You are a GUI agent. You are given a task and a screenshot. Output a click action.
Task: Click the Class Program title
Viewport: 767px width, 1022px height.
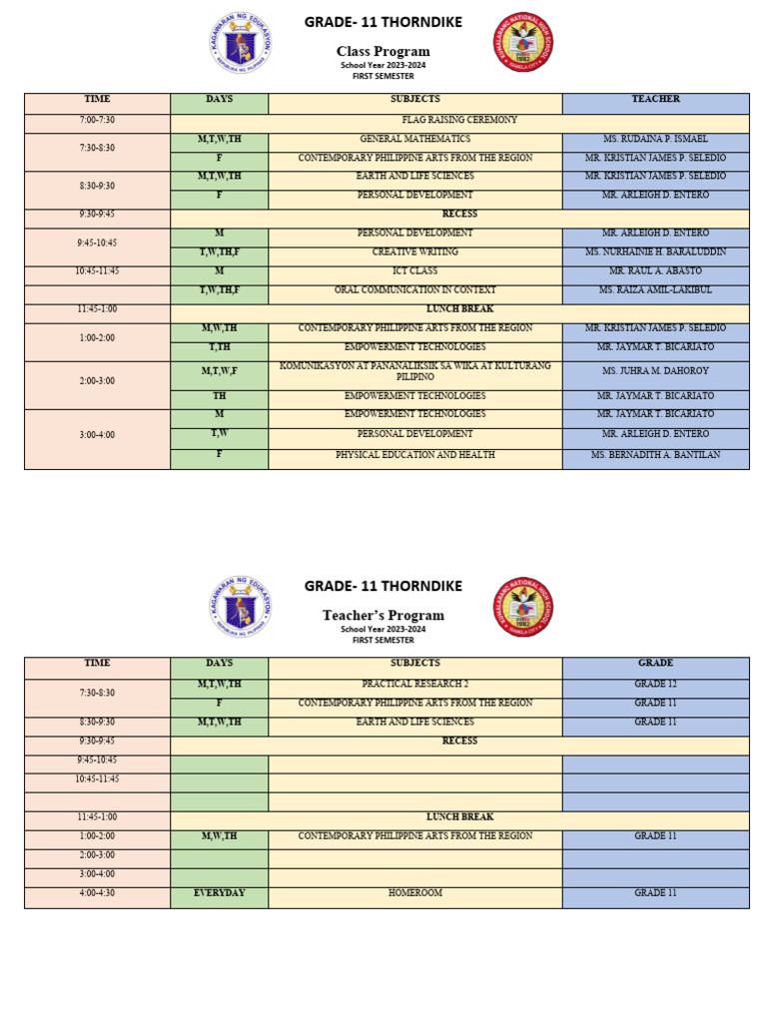[383, 52]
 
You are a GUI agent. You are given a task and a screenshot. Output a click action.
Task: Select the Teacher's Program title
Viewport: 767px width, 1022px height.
[383, 616]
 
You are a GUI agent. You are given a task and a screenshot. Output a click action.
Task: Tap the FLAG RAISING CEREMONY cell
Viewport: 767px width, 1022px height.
[459, 120]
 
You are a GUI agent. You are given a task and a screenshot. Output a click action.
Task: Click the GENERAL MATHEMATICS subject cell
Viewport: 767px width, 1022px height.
[414, 139]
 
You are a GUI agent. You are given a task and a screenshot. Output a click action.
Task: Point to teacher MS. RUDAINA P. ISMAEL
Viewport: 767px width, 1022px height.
[655, 139]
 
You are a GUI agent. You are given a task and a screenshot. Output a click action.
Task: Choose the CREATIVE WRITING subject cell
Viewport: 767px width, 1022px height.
[414, 253]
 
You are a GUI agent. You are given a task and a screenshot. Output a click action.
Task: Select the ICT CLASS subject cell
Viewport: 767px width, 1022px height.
[414, 271]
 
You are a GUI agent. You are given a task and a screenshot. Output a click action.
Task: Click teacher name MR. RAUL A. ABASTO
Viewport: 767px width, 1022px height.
[655, 271]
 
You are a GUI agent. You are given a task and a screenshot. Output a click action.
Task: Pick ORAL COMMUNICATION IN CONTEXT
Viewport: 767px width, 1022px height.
[414, 290]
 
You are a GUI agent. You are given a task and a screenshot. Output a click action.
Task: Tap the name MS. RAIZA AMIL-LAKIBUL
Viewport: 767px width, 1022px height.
[655, 290]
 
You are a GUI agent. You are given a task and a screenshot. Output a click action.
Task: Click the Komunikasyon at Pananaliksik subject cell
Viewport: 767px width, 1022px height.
[414, 372]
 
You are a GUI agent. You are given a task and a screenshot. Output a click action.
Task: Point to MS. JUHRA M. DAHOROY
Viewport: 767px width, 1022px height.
[655, 371]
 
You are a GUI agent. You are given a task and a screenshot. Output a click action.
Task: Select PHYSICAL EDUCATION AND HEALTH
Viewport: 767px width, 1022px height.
[414, 455]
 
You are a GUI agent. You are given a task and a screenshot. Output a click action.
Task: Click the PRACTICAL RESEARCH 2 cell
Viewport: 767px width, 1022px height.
[414, 685]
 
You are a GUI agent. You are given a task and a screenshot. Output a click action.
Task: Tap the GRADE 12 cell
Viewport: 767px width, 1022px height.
[655, 685]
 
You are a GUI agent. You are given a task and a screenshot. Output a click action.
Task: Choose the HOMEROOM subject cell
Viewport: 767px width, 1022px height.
[414, 893]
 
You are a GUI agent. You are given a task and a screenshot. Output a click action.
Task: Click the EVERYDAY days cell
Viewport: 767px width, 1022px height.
[219, 893]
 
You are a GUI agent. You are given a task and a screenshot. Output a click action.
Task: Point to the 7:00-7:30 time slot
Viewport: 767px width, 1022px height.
[97, 120]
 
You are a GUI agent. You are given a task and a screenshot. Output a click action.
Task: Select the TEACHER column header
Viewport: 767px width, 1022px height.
[655, 100]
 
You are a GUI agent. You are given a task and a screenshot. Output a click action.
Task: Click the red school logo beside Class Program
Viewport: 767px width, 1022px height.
[522, 42]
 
